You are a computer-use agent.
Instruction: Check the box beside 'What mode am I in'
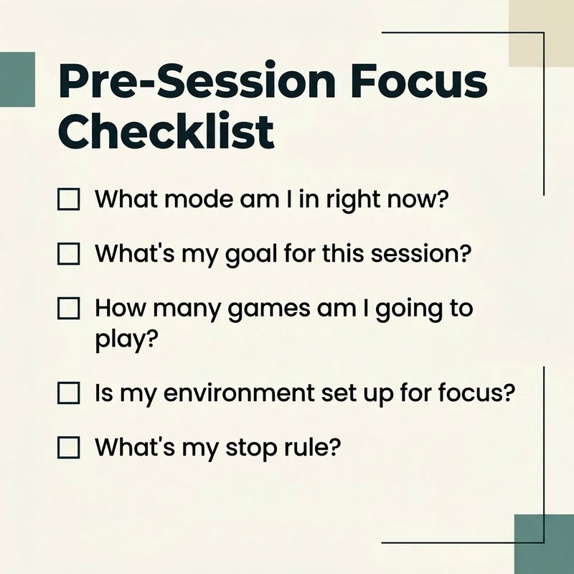click(68, 199)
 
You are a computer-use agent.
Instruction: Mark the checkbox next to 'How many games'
click(68, 309)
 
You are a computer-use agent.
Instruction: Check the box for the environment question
click(68, 393)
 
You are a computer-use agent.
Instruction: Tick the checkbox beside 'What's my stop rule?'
click(68, 448)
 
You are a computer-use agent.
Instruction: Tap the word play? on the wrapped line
click(126, 338)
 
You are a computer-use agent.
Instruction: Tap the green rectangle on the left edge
click(17, 79)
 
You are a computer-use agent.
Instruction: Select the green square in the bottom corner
click(544, 544)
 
